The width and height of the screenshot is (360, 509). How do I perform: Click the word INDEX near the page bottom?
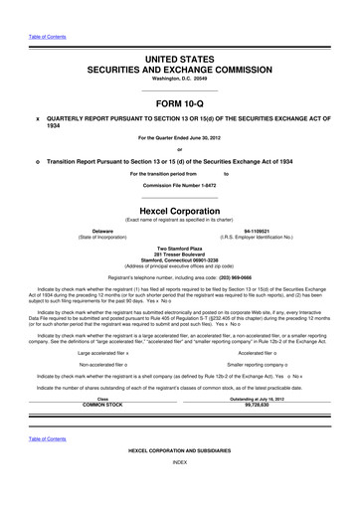point(179,491)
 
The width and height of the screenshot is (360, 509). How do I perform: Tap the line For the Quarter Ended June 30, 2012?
point(179,136)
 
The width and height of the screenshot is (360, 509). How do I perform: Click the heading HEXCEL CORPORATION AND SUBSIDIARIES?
point(179,478)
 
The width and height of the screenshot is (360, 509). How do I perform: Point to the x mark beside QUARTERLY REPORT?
point(37,118)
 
